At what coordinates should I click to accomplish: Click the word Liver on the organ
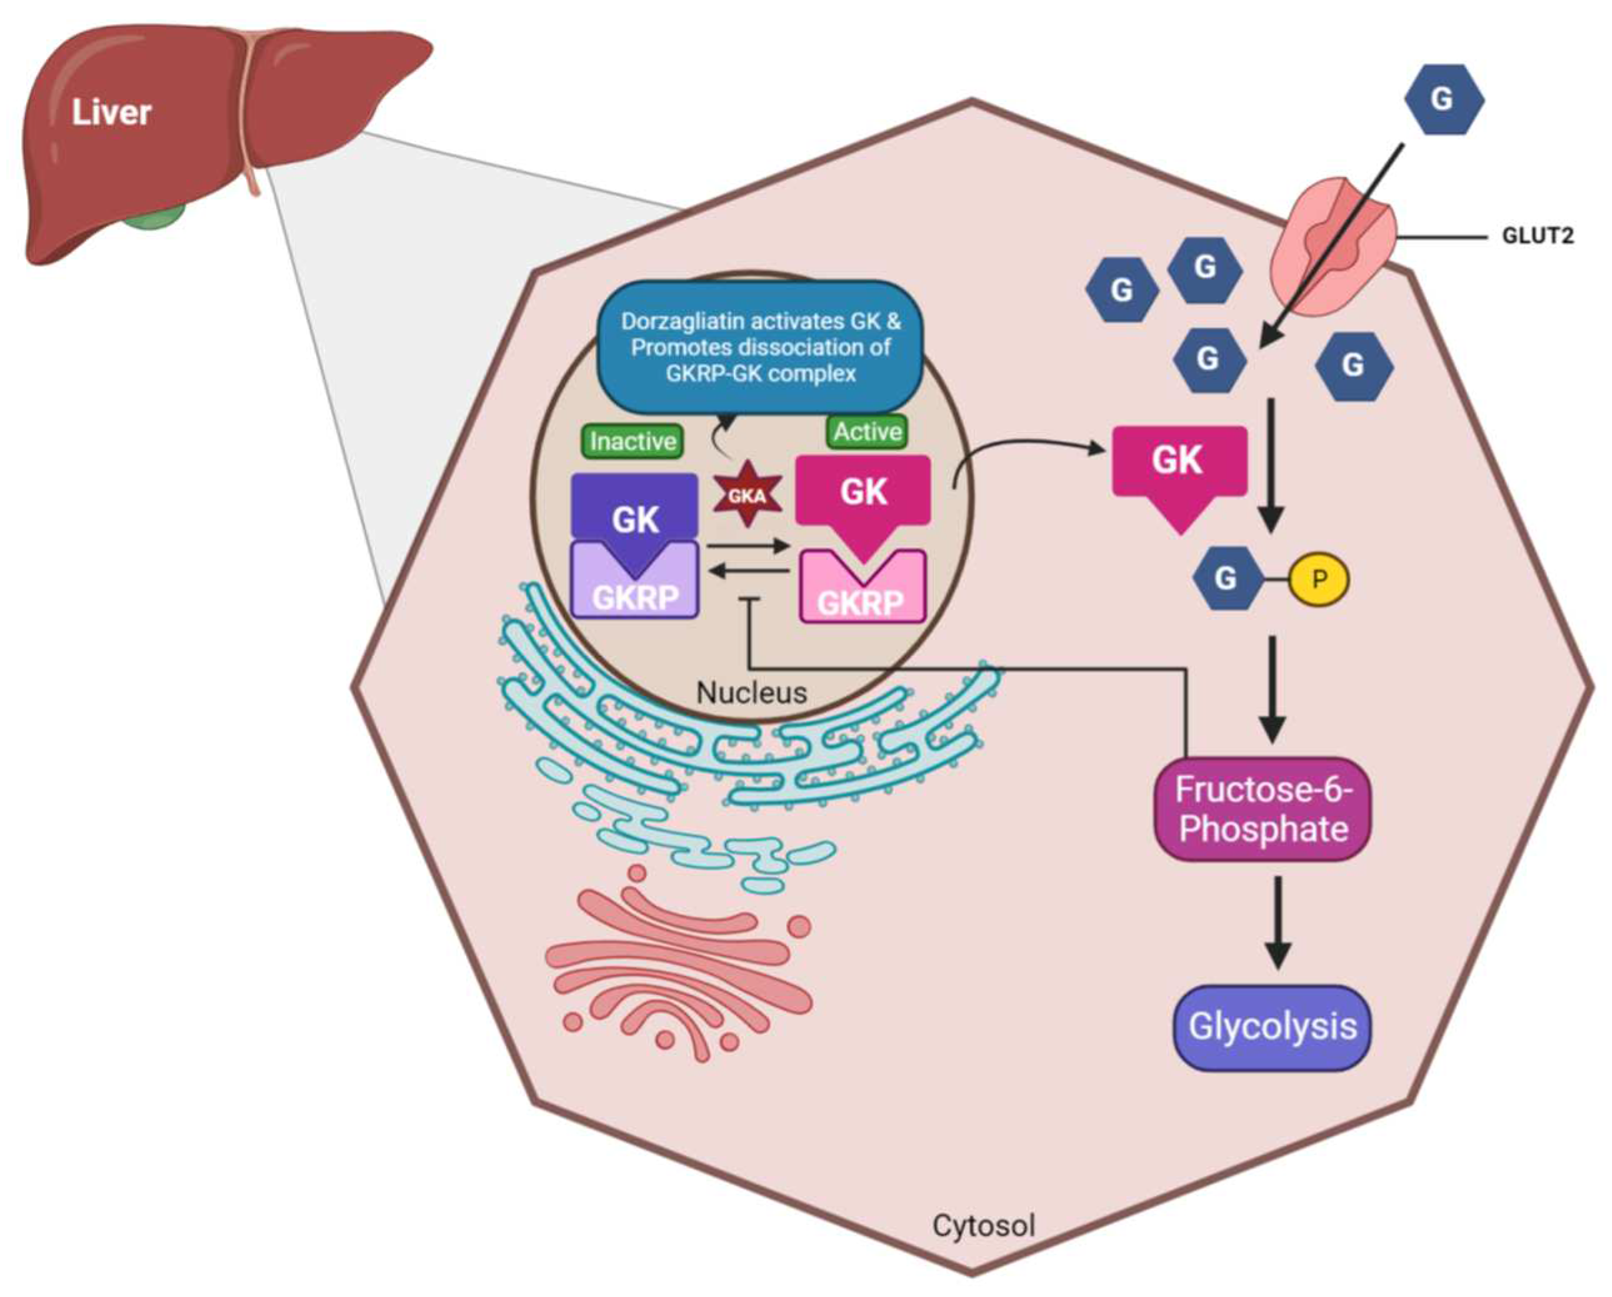pyautogui.click(x=111, y=113)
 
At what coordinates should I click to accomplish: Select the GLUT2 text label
pyautogui.click(x=1537, y=237)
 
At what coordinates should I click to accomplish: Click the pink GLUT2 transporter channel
pyautogui.click(x=1333, y=243)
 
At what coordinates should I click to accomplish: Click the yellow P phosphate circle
pyautogui.click(x=1319, y=579)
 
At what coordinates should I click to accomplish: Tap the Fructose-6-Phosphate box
pyautogui.click(x=1263, y=809)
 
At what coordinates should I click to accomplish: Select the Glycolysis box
pyautogui.click(x=1272, y=1027)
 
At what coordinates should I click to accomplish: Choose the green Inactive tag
pyautogui.click(x=633, y=441)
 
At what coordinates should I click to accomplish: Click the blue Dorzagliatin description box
pyautogui.click(x=759, y=348)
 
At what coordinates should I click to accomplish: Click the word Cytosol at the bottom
pyautogui.click(x=983, y=1225)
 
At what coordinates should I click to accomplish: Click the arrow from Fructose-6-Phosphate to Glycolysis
pyautogui.click(x=1278, y=922)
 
